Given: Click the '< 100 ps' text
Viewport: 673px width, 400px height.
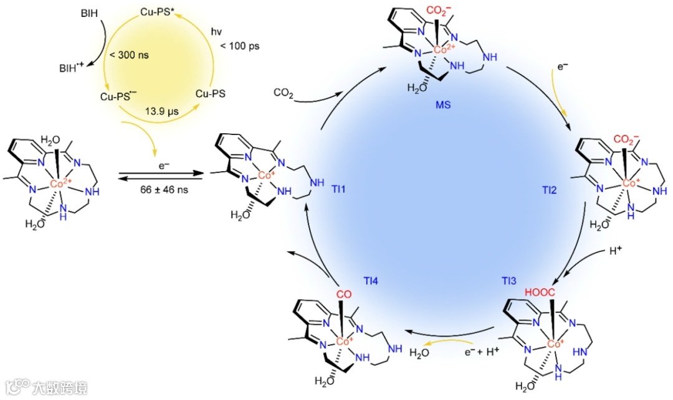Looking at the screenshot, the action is tap(239, 45).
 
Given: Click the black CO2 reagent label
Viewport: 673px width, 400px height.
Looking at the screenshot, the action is tap(284, 93).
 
